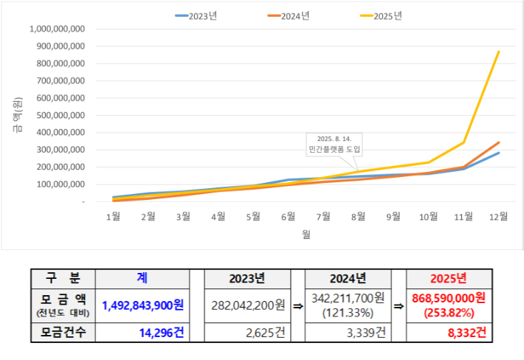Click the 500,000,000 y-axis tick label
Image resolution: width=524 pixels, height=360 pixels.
click(x=60, y=115)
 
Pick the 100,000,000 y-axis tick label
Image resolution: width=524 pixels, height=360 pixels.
click(x=60, y=184)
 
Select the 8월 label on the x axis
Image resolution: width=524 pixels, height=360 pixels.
click(x=359, y=217)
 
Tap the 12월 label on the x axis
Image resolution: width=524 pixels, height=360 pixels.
click(x=498, y=217)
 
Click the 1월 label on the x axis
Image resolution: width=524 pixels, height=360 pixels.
click(x=114, y=217)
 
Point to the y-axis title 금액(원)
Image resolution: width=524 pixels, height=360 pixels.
click(x=17, y=115)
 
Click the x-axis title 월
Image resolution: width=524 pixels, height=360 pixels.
click(x=306, y=235)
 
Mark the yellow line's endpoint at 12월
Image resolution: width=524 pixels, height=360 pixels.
click(x=499, y=52)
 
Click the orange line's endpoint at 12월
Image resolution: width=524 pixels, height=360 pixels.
click(x=499, y=142)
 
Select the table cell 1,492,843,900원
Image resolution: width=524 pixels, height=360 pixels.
click(x=143, y=305)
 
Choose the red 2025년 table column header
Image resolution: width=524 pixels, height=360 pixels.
click(x=448, y=279)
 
